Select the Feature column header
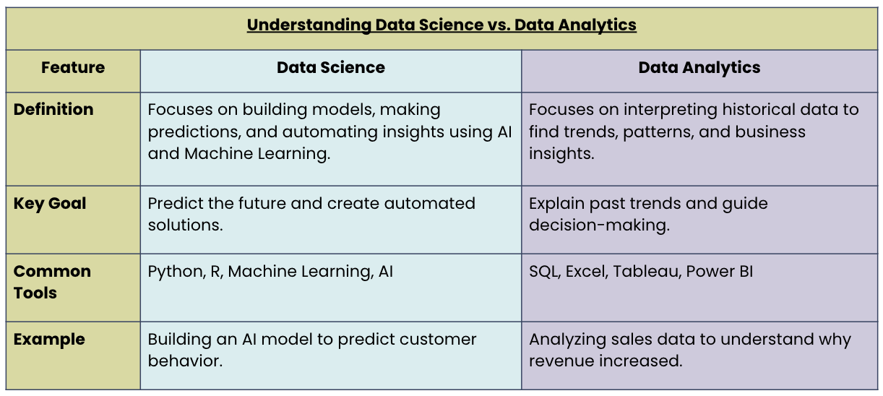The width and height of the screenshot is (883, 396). (73, 68)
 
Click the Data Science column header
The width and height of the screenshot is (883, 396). (331, 68)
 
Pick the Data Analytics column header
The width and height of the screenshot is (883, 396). (699, 68)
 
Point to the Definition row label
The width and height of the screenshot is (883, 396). (53, 110)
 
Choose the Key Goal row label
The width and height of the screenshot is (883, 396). (50, 204)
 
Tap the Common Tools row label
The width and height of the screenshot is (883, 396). (52, 282)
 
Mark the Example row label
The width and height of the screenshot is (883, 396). (49, 340)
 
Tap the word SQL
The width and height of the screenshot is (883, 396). (544, 272)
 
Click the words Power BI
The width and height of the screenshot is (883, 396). (720, 272)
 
